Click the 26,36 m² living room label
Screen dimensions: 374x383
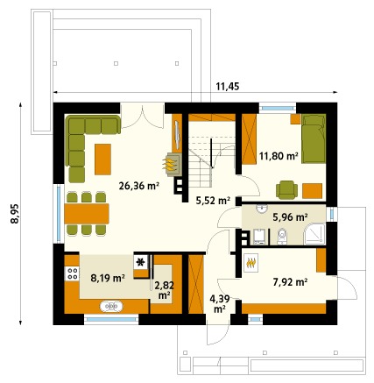pyautogui.click(x=138, y=186)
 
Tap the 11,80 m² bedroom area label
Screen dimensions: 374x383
pyautogui.click(x=279, y=156)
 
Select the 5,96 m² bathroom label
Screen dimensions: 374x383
pyautogui.click(x=290, y=217)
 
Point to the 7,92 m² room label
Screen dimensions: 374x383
pyautogui.click(x=290, y=282)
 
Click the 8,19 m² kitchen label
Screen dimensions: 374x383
pyautogui.click(x=108, y=278)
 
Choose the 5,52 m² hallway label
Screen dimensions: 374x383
pyautogui.click(x=213, y=201)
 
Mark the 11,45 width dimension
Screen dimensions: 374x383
pyautogui.click(x=228, y=87)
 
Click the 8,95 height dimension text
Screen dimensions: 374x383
pyautogui.click(x=15, y=213)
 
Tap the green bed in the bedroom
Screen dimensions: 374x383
pyautogui.click(x=314, y=138)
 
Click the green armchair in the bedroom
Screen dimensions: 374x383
pyautogui.click(x=286, y=190)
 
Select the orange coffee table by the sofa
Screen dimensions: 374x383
pyautogui.click(x=102, y=160)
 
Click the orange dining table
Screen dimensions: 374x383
pyautogui.click(x=87, y=214)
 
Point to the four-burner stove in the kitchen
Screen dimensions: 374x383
pyautogui.click(x=72, y=273)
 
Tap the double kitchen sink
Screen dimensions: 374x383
pyautogui.click(x=111, y=307)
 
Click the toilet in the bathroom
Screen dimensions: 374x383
pyautogui.click(x=282, y=236)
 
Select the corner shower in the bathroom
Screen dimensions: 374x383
pyautogui.click(x=314, y=234)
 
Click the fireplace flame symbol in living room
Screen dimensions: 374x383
pyautogui.click(x=170, y=164)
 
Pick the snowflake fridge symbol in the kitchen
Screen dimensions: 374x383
pyautogui.click(x=141, y=262)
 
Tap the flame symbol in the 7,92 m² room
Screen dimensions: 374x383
pyautogui.click(x=251, y=263)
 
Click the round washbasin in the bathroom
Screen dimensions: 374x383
pyautogui.click(x=262, y=209)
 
